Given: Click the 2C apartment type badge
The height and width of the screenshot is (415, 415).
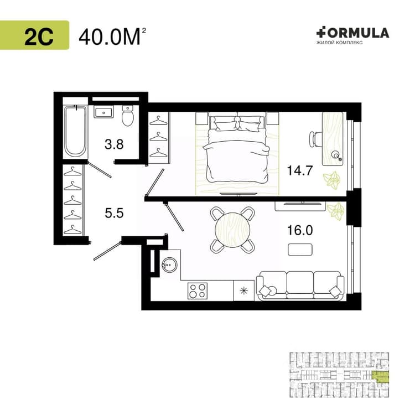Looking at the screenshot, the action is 34,35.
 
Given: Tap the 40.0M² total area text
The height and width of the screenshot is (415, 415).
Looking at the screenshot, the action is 112,37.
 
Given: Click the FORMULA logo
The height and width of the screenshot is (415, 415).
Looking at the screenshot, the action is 352,36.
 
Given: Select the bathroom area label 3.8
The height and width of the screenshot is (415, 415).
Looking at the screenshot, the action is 114,144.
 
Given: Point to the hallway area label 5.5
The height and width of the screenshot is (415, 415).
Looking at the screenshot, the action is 115,213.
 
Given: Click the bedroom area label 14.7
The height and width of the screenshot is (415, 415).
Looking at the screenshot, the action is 300,170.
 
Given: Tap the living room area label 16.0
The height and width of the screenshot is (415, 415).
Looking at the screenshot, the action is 300,230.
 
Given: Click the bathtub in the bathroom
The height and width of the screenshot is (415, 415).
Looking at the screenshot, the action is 76,131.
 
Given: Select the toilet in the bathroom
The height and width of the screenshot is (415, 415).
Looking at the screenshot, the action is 128,116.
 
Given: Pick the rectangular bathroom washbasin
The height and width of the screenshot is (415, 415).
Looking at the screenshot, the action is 103,112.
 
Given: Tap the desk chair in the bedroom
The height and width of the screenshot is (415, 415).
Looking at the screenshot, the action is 315,139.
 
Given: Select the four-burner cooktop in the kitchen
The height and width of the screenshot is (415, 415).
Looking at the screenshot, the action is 198,291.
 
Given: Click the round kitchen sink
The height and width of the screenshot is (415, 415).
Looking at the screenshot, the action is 169,264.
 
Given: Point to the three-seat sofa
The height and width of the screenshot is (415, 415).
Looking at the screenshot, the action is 300,286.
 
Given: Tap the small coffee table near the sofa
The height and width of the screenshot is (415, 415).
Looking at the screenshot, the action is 300,250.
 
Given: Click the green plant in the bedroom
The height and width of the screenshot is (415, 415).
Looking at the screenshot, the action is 331,180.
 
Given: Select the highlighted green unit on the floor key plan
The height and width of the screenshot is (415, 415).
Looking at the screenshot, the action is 381,377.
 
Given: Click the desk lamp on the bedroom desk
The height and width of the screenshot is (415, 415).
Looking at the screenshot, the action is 337,155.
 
